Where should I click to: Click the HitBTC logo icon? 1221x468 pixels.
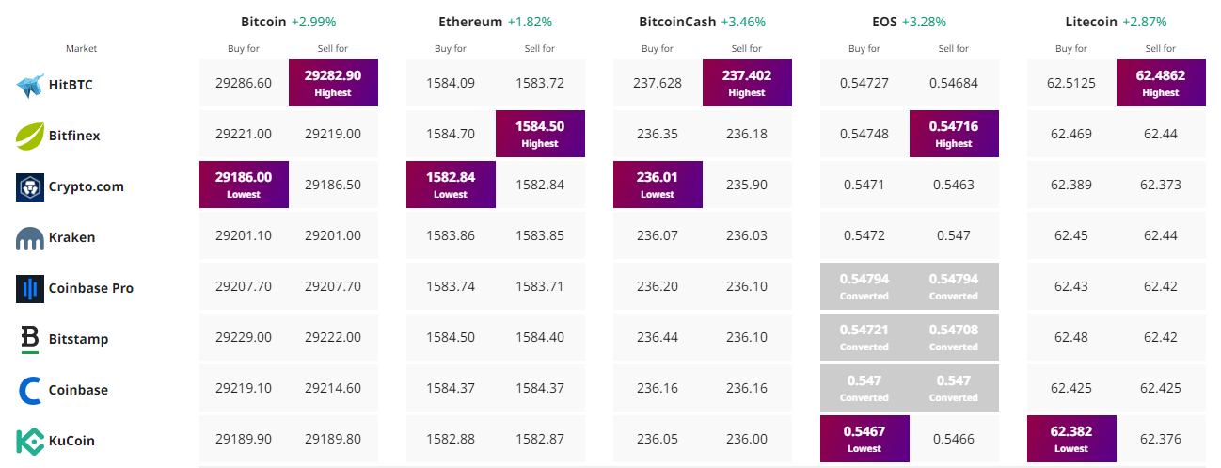point(30,85)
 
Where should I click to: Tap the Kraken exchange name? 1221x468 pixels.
point(71,237)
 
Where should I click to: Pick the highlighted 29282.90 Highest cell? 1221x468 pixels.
point(333,83)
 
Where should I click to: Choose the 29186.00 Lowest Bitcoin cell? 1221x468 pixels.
point(244,185)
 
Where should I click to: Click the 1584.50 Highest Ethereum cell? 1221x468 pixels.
point(540,134)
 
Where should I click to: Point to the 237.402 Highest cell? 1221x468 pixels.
point(747,83)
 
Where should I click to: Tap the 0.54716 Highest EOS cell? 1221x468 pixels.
point(954,134)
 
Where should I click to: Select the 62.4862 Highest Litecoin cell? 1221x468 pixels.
point(1161,83)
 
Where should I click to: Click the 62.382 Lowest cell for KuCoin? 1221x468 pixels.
point(1071,439)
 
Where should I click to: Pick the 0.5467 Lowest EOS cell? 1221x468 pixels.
point(864,439)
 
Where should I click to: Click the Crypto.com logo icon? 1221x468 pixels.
point(30,186)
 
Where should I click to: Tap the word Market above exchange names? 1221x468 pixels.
point(81,48)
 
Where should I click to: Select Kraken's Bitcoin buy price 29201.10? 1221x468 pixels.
point(244,235)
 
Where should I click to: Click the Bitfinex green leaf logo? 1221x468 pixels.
point(30,136)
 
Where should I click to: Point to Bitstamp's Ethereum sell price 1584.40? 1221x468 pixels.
point(540,337)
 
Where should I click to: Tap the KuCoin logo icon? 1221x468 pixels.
point(30,441)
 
